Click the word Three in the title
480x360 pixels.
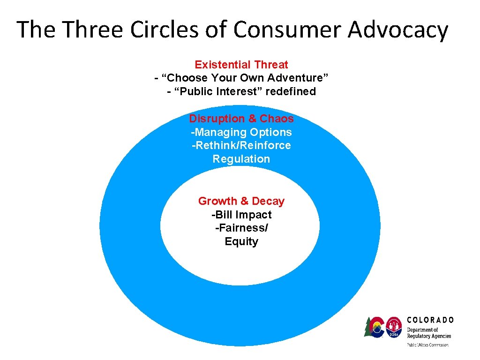pyautogui.click(x=93, y=30)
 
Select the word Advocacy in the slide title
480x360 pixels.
pyautogui.click(x=397, y=30)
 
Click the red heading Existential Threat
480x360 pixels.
pyautogui.click(x=241, y=65)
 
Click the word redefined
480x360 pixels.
pyautogui.click(x=291, y=91)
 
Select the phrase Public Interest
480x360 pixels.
pyautogui.click(x=217, y=91)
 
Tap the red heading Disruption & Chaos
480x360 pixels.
pyautogui.click(x=241, y=119)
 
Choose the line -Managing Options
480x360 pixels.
pyautogui.click(x=241, y=132)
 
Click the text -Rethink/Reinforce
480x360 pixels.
pyautogui.click(x=241, y=145)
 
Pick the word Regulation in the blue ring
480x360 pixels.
pyautogui.click(x=241, y=159)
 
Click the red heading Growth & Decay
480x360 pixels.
pyautogui.click(x=241, y=201)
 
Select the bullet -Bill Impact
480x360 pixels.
pyautogui.click(x=241, y=215)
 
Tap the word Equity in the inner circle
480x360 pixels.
pyautogui.click(x=241, y=241)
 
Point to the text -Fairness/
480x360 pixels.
pyautogui.click(x=241, y=228)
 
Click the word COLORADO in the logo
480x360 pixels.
pyautogui.click(x=430, y=320)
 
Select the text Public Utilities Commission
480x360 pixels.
pyautogui.click(x=427, y=345)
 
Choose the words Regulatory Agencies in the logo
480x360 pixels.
pyautogui.click(x=429, y=336)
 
